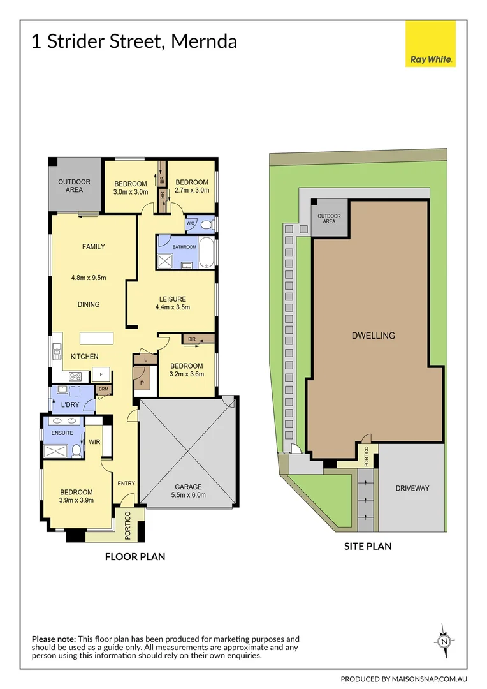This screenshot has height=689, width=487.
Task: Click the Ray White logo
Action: [430, 44]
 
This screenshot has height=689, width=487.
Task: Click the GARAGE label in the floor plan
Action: [189, 487]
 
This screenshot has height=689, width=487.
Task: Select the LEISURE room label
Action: [173, 299]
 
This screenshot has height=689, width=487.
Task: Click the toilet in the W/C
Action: [206, 224]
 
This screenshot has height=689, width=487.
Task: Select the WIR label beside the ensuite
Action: [94, 440]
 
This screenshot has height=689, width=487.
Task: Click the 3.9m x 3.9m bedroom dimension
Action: [76, 500]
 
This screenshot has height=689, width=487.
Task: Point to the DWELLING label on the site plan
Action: [374, 336]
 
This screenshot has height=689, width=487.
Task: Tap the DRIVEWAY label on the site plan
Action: [412, 488]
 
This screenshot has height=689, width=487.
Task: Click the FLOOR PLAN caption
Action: [135, 556]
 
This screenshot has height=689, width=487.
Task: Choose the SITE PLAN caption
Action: [368, 546]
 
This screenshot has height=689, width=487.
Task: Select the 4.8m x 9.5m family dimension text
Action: [89, 278]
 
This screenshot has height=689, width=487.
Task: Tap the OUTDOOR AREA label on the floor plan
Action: [75, 185]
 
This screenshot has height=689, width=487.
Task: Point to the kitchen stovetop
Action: [74, 375]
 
